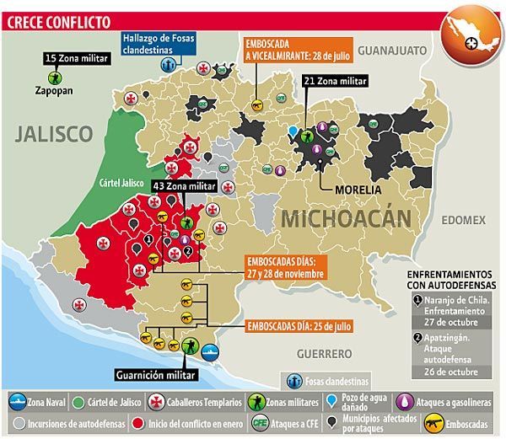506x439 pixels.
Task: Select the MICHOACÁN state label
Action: pos(346,218)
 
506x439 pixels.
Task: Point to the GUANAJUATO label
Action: pos(391,51)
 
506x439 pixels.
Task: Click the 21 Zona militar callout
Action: pos(334,82)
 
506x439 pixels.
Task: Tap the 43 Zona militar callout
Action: pos(185,185)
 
